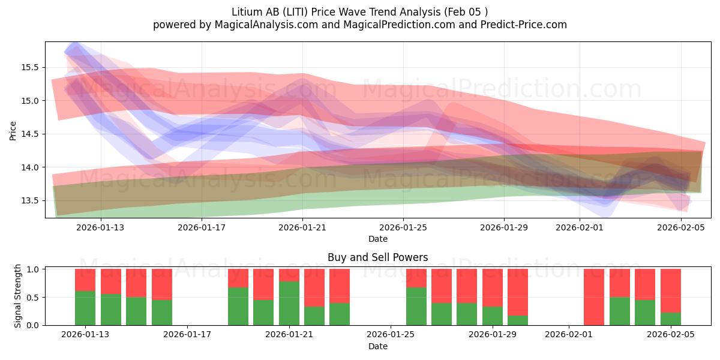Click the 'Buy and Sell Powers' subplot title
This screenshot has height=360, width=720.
point(377,257)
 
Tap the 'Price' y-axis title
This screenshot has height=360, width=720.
point(13,130)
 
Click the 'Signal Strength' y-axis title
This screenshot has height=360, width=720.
point(18,296)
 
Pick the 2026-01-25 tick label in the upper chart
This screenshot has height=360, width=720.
point(403,227)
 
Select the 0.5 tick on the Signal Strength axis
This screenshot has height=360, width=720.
point(33,298)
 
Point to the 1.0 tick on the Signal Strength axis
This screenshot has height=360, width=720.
point(33,269)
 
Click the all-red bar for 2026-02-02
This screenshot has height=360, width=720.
point(594,297)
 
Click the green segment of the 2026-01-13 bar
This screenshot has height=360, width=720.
point(85,308)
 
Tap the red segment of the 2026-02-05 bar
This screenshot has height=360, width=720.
point(670,290)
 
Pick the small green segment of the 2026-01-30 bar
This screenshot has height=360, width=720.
point(518,320)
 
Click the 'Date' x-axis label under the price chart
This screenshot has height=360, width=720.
point(377,239)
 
